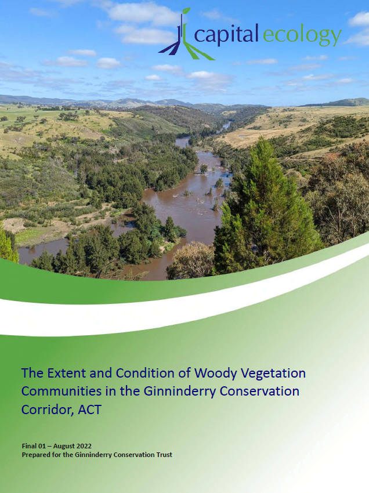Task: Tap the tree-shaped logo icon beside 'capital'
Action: click(183, 39)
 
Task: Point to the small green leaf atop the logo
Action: click(186, 10)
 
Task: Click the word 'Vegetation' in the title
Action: click(271, 372)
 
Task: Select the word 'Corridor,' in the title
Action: click(46, 409)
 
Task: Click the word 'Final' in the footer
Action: click(30, 446)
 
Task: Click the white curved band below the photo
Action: click(174, 316)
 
